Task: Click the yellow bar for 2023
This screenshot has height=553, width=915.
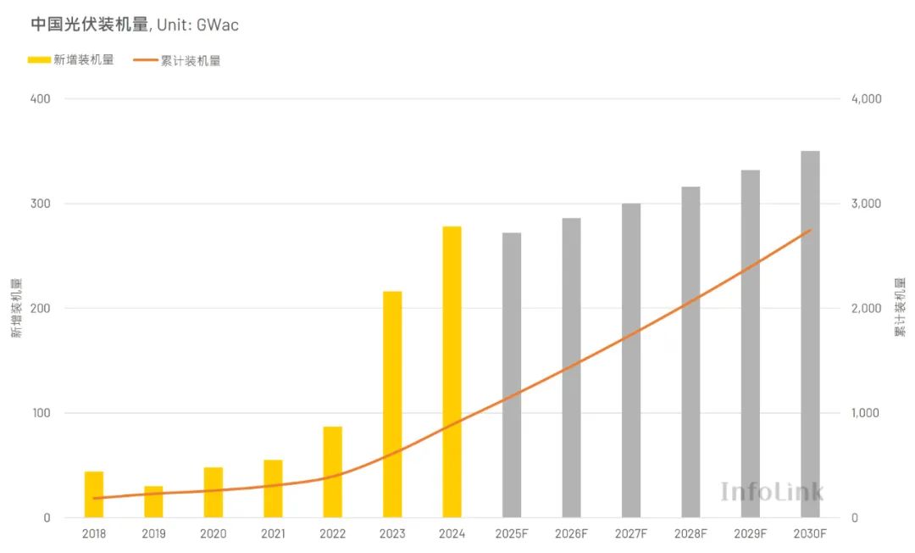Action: point(392,404)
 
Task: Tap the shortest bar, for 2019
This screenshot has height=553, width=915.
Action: point(153,502)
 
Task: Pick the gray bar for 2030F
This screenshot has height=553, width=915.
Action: point(810,334)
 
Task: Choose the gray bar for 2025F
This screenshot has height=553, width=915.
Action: point(512,375)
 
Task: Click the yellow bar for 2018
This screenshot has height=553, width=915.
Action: point(94,494)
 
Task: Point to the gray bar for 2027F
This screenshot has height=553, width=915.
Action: point(631,360)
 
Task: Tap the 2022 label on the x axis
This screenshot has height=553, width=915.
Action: point(332,533)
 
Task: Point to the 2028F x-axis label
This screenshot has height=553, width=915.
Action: point(690,533)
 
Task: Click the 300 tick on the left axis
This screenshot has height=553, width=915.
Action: point(41,204)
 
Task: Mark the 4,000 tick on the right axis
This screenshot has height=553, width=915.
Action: point(866,98)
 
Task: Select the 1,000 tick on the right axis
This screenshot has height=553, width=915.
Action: point(866,413)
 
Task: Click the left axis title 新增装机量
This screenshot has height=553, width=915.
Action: point(16,308)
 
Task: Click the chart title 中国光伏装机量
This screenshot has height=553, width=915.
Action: point(90,25)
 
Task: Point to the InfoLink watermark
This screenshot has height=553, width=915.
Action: point(771,491)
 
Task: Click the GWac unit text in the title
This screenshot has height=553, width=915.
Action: point(218,25)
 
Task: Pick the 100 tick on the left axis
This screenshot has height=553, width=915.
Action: point(41,413)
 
